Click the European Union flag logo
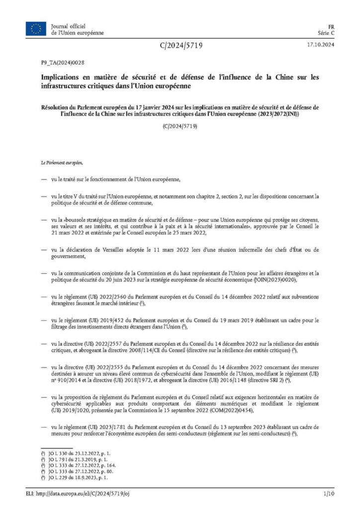pos(36,29)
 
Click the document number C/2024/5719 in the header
pos(181,46)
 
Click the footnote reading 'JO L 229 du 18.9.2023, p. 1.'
pos(82,477)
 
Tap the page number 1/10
pos(327,495)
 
